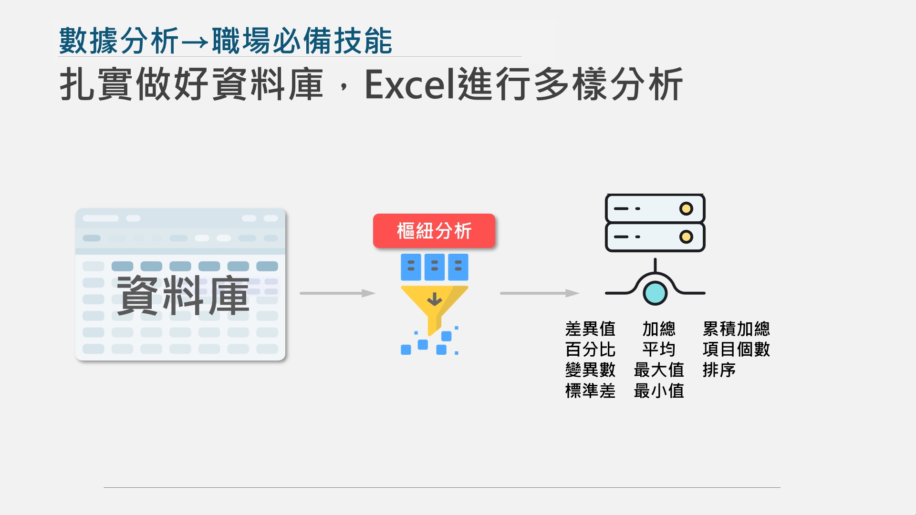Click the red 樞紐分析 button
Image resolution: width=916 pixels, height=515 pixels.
click(x=434, y=231)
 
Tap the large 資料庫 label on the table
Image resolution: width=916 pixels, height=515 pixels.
click(x=183, y=296)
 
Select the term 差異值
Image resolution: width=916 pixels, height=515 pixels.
click(x=590, y=329)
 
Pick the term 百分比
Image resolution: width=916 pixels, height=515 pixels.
click(x=590, y=350)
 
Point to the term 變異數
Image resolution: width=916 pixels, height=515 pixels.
click(x=590, y=370)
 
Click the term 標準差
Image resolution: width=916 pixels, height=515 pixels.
click(x=590, y=391)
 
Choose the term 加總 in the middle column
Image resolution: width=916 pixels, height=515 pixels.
click(x=659, y=329)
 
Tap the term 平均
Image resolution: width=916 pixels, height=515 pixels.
click(x=659, y=350)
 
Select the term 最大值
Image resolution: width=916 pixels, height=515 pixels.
click(x=659, y=370)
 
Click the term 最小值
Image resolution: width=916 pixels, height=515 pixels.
click(x=659, y=391)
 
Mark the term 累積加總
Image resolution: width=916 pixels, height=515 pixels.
click(x=736, y=329)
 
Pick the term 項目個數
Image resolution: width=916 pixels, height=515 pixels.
click(x=736, y=350)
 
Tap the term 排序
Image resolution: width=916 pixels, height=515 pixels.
click(x=719, y=370)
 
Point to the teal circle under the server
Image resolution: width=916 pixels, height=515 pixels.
click(x=655, y=293)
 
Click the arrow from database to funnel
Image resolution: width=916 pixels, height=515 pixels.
click(x=337, y=293)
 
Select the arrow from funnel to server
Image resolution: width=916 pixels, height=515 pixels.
click(x=539, y=293)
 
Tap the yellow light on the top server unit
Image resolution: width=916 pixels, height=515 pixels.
click(x=686, y=208)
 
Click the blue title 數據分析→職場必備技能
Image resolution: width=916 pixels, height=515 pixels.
click(x=225, y=41)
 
